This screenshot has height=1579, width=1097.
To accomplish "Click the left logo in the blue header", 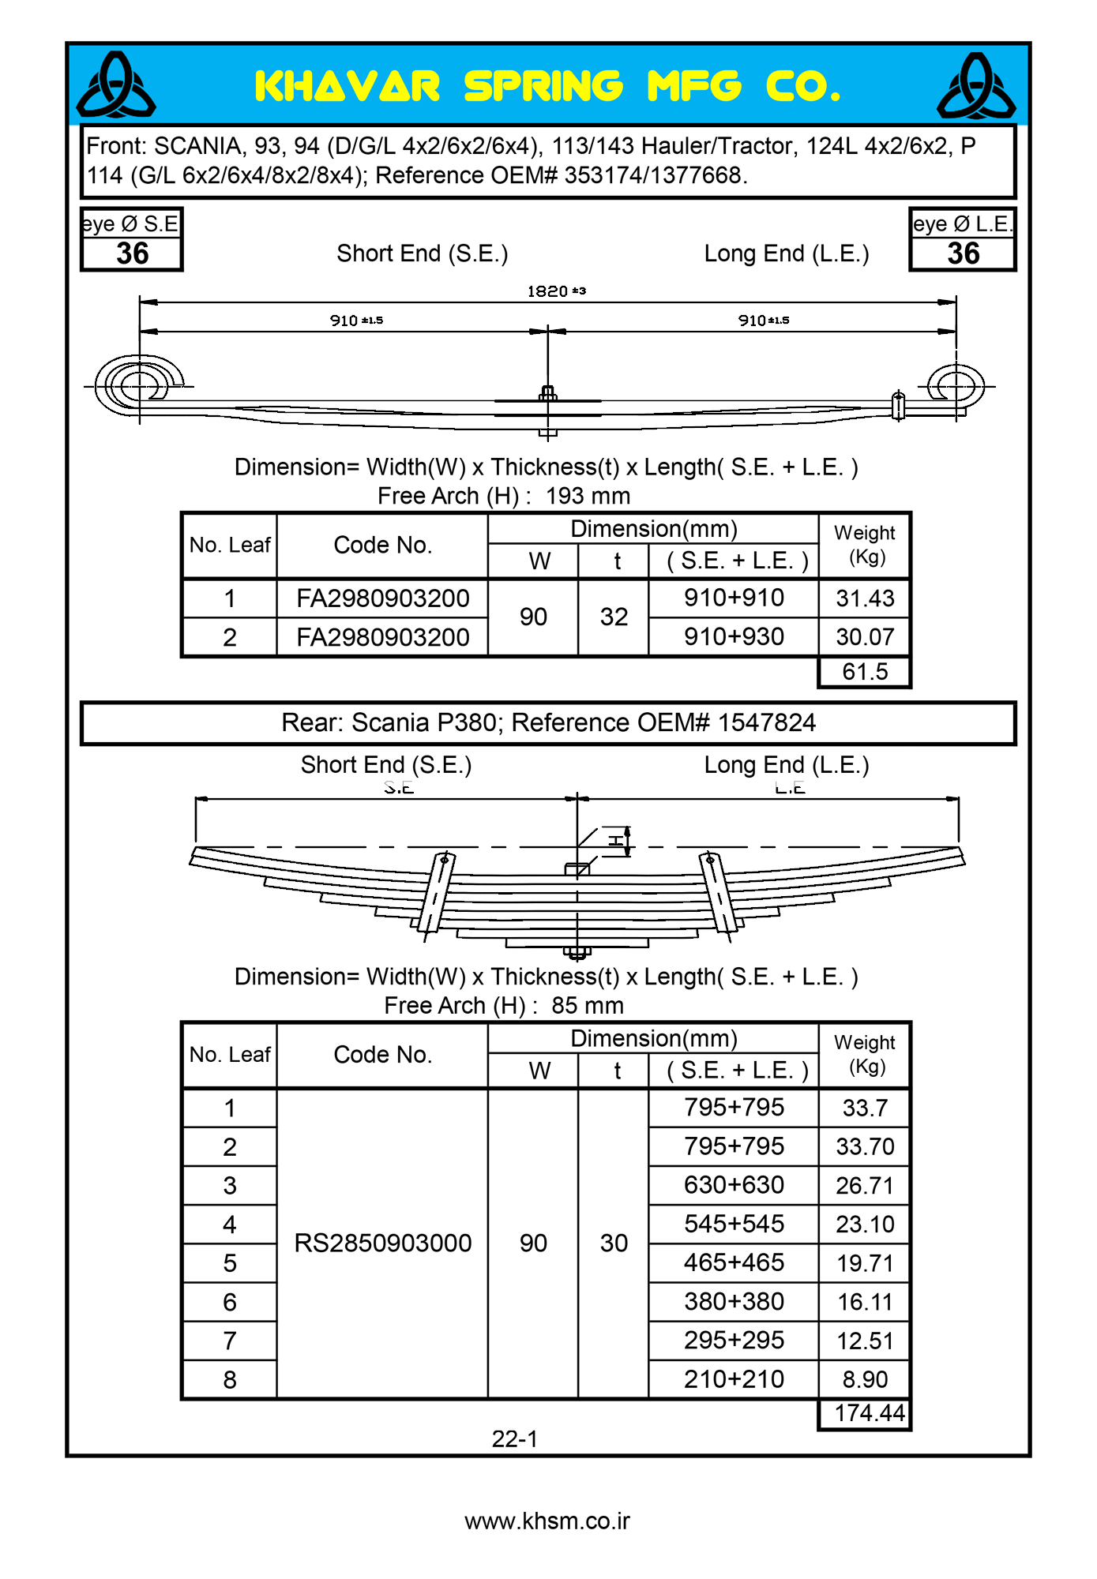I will (115, 85).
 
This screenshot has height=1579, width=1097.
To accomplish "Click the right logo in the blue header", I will (976, 85).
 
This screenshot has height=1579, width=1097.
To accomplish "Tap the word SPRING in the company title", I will (543, 87).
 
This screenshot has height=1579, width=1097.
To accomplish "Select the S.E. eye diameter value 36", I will (132, 253).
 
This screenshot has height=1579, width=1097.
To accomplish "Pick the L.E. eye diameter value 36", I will (963, 253).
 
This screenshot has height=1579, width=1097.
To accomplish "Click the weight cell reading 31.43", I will (865, 598).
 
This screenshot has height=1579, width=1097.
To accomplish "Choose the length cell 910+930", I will (734, 636).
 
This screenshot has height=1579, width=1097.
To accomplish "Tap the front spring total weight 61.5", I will (865, 672).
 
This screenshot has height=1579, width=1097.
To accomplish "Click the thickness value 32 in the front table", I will (614, 617).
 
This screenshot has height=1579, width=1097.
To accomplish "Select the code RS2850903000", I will (382, 1243).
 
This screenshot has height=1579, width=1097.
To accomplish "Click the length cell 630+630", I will (734, 1185).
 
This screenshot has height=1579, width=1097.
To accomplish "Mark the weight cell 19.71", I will (865, 1263).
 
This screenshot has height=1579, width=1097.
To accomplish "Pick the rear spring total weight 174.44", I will (869, 1412).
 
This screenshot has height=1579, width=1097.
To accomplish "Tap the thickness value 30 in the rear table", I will (614, 1243).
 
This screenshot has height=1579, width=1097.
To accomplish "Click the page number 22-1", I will (514, 1439).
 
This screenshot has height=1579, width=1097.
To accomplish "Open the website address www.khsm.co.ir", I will (547, 1521).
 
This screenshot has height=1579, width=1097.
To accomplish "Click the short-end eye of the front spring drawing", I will (140, 386).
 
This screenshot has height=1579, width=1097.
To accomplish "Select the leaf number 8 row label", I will (230, 1380).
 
